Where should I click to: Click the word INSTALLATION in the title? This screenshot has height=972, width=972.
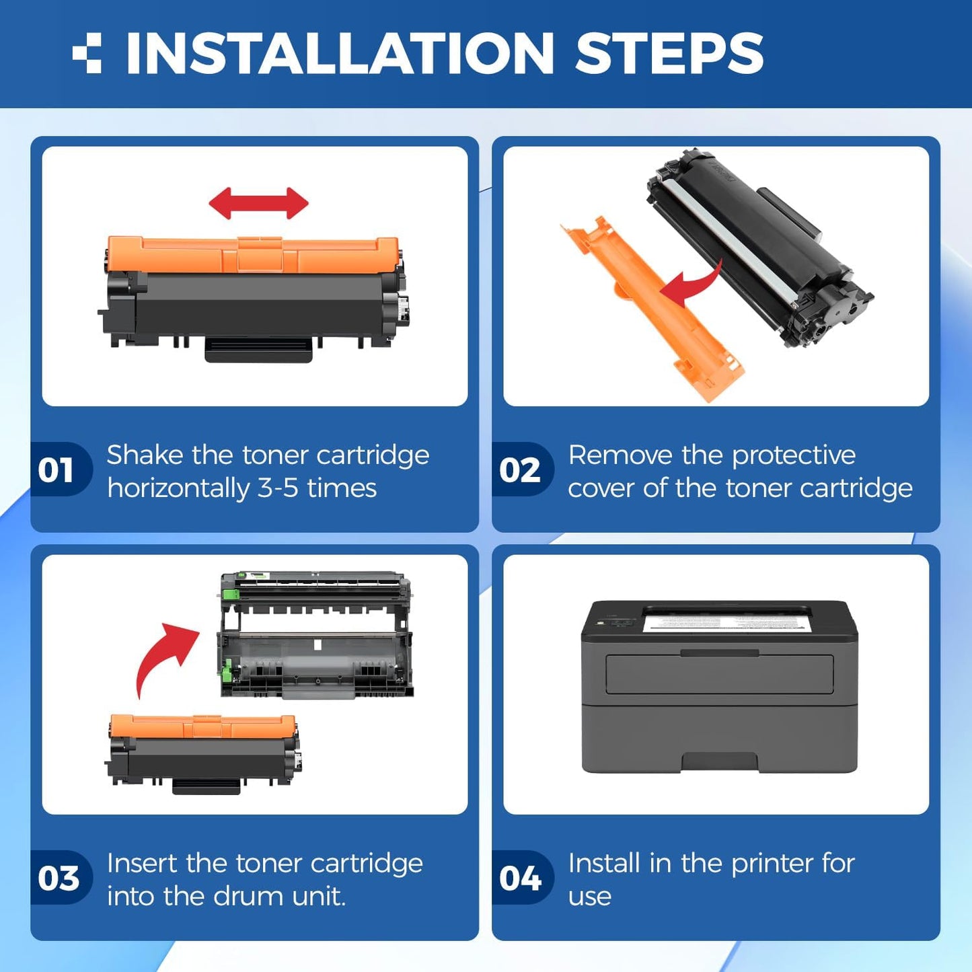(x=340, y=53)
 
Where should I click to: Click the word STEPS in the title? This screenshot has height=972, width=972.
(x=669, y=53)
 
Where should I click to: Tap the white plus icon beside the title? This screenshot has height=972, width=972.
(x=87, y=53)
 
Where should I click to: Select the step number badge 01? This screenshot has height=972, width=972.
(x=57, y=470)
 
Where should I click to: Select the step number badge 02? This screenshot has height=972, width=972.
(x=520, y=470)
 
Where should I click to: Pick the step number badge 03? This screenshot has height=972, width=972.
(x=58, y=878)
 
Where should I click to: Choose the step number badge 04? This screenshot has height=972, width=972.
(x=520, y=878)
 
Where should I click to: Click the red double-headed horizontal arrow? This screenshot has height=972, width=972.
(x=258, y=203)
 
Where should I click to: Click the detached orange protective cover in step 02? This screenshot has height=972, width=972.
(x=649, y=309)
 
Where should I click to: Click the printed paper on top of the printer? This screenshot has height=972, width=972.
(x=726, y=618)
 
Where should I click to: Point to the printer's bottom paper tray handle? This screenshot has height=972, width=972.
(x=720, y=762)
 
